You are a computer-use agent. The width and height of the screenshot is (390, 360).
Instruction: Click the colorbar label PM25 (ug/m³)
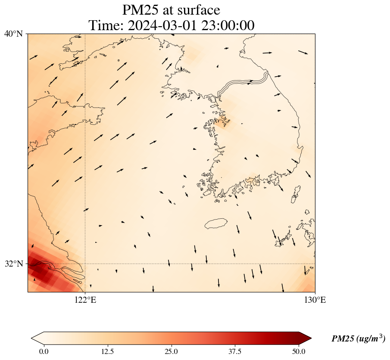(358, 339)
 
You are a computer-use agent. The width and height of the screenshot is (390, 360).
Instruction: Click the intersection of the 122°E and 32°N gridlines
(85, 264)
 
